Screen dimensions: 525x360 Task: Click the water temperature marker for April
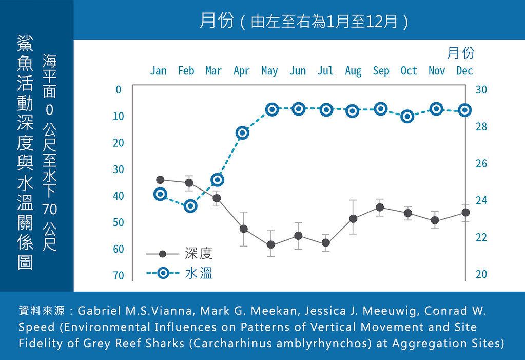pos(242,133)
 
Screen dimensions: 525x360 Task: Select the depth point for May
pos(271,244)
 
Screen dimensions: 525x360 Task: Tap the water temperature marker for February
pos(190,206)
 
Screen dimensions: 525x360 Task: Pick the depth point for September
pos(380,207)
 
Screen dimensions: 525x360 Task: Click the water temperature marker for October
pos(407,117)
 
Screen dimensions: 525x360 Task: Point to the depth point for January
pos(161,180)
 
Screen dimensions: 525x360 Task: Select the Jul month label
pos(325,71)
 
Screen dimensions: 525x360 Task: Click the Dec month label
pos(464,71)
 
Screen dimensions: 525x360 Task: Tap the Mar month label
pos(213,71)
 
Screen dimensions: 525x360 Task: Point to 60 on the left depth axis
pos(119,249)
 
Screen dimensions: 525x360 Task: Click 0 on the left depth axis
pos(119,90)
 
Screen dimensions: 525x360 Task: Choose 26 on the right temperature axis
pos(481,164)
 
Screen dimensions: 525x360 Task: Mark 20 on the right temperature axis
pos(481,274)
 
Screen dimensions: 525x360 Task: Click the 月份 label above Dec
pos(461,53)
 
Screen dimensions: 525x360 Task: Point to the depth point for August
pos(353,219)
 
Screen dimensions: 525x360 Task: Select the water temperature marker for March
pos(217,180)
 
